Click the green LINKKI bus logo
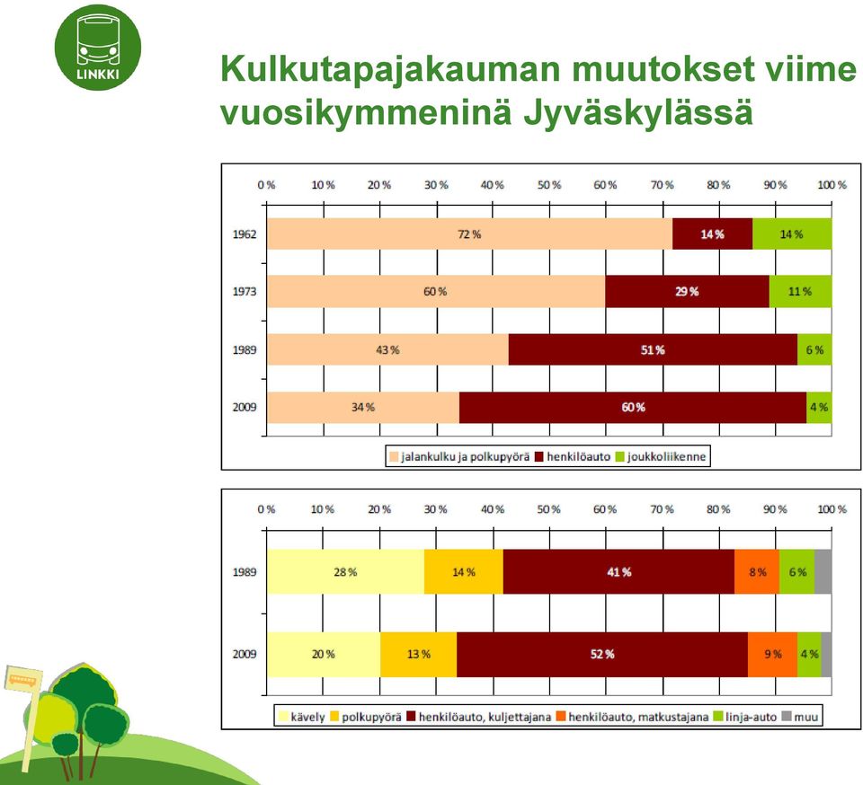(98, 48)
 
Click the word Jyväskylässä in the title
(638, 113)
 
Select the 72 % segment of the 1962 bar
(469, 234)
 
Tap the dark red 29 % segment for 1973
(687, 291)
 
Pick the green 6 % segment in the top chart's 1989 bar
(814, 349)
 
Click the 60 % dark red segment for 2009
(633, 408)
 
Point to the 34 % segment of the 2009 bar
(363, 408)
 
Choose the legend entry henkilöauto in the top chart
(573, 457)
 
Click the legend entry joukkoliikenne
(661, 457)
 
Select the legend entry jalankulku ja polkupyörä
(459, 457)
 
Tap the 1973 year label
(245, 291)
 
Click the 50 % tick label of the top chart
(549, 185)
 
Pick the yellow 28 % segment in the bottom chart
(345, 572)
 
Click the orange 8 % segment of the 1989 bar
(757, 572)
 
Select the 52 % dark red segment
(602, 654)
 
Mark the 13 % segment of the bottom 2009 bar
(418, 654)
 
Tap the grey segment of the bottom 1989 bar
(823, 572)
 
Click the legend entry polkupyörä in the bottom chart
(366, 717)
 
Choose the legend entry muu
(800, 717)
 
